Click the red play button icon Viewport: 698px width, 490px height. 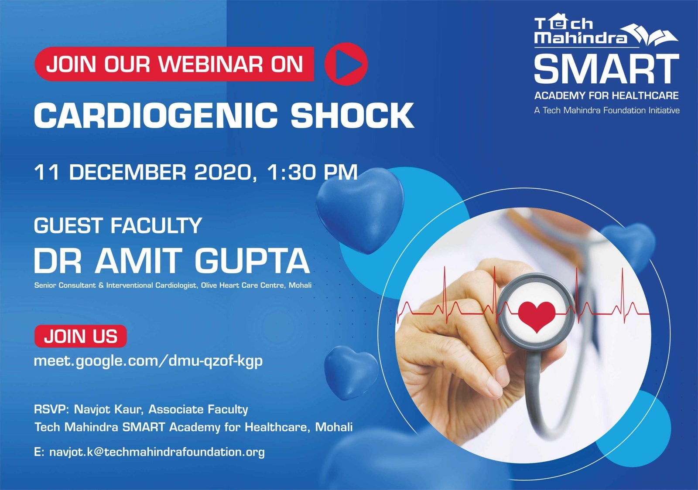(x=346, y=64)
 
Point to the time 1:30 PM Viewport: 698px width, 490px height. (x=312, y=172)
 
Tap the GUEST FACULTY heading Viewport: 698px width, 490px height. (x=118, y=225)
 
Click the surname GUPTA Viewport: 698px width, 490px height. (x=253, y=261)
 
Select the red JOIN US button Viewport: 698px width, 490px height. (x=80, y=337)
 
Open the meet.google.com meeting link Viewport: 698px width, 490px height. (x=148, y=361)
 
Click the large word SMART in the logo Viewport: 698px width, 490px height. (x=606, y=68)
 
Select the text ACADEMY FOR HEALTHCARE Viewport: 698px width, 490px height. (x=606, y=95)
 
